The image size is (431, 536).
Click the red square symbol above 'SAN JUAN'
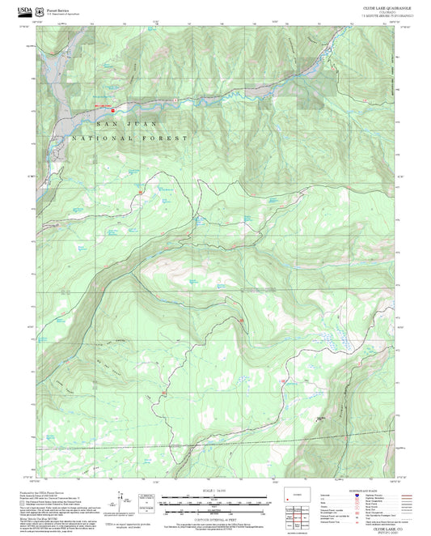[113, 110]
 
